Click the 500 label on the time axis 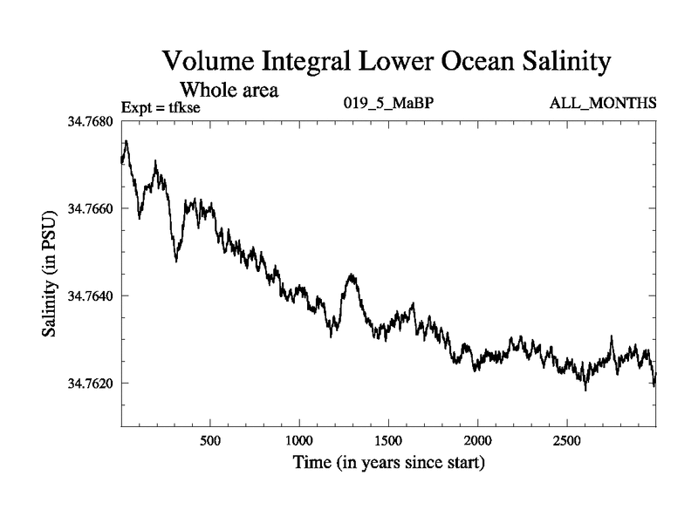click(210, 440)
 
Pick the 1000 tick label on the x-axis click(299, 440)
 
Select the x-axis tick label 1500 click(389, 440)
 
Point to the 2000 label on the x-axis click(478, 440)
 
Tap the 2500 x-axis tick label click(567, 440)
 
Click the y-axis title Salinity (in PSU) click(51, 274)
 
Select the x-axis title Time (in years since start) click(387, 462)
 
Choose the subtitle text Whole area click(229, 89)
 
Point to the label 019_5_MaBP click(389, 104)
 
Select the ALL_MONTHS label click(603, 104)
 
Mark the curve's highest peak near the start click(127, 141)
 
